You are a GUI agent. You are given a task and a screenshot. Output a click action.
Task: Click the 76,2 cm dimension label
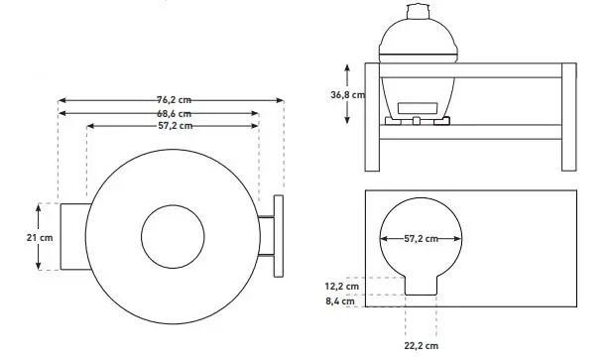pos(173,100)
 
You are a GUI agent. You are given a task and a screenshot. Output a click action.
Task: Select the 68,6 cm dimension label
pos(173,113)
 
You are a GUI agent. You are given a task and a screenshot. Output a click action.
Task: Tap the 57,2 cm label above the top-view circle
pos(173,126)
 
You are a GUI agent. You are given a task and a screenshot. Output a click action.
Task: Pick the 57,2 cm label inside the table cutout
pos(422,239)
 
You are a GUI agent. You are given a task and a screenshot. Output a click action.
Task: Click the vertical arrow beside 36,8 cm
pos(348,93)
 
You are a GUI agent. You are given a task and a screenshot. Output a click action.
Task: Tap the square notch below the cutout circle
pos(421,283)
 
